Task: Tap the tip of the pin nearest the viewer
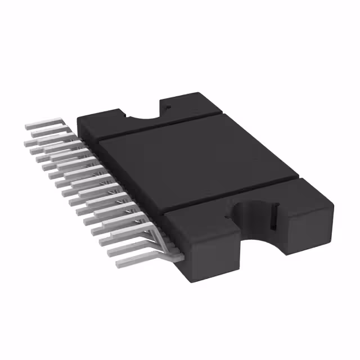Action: (119, 263)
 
